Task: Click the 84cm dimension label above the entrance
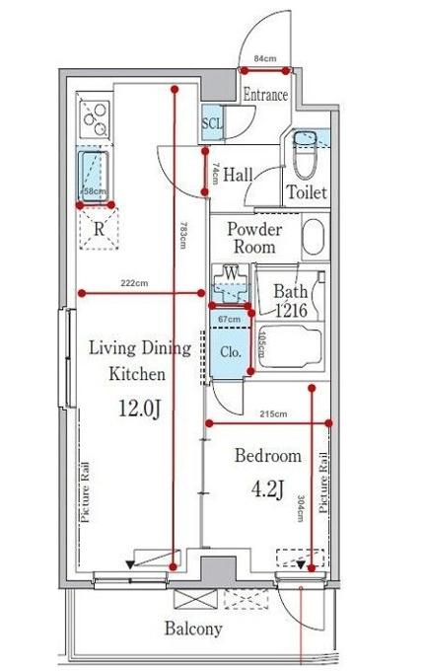pos(265,58)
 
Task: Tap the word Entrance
pos(265,95)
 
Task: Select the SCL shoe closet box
pos(213,122)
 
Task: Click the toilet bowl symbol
pos(305,155)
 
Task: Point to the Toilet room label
pos(307,191)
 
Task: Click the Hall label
pos(238,175)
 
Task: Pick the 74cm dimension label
pos(215,174)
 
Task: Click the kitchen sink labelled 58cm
pos(94,176)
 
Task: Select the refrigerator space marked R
pos(99,229)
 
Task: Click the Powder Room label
pos(254,238)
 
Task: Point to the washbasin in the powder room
pos(315,237)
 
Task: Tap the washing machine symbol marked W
pos(231,283)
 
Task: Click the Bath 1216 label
pos(291,301)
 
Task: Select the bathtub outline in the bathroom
pos(291,346)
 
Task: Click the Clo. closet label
pos(231,352)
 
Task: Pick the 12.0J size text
pos(139,410)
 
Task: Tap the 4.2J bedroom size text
pos(268,488)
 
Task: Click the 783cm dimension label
pos(183,235)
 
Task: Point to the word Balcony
pos(193,629)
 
